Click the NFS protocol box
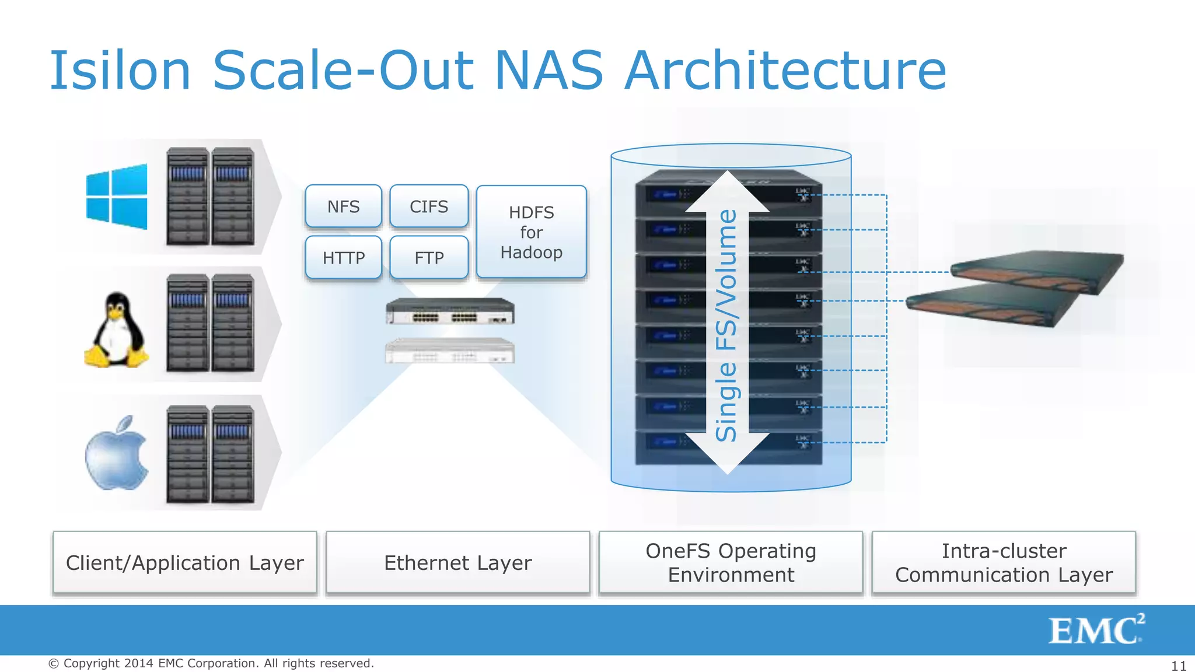click(343, 206)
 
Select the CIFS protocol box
click(429, 206)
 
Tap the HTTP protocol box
click(343, 257)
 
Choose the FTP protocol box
click(429, 257)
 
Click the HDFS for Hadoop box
click(531, 232)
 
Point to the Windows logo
click(117, 197)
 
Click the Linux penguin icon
click(117, 331)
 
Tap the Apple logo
click(117, 454)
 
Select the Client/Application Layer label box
click(185, 563)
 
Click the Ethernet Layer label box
click(458, 563)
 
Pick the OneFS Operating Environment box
click(731, 563)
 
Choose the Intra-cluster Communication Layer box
click(1004, 563)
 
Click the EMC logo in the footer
click(1096, 630)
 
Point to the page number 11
click(1179, 666)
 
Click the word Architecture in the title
click(785, 71)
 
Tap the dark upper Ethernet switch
click(450, 311)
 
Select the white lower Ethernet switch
click(450, 351)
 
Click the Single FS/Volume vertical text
click(726, 325)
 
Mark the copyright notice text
click(211, 663)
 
